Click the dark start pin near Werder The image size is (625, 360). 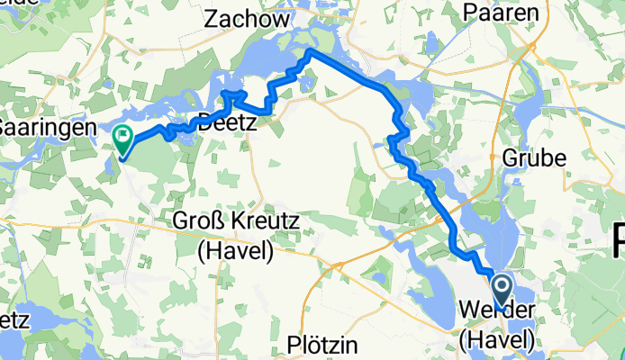pos(503,291)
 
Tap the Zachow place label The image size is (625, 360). pos(248,19)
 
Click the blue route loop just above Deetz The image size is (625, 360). pos(233,95)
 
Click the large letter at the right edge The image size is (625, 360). pos(618,241)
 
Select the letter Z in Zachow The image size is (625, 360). pos(213,19)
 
